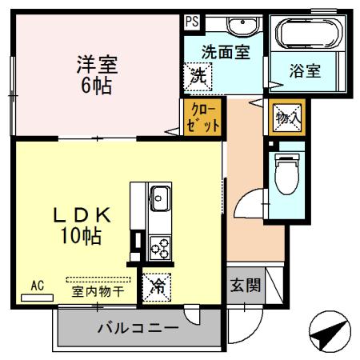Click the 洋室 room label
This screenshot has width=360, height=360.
click(98, 62)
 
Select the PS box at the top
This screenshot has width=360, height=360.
click(191, 22)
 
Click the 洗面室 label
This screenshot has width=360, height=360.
click(226, 51)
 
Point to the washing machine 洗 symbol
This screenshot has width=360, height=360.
click(198, 78)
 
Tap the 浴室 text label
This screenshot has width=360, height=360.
click(304, 70)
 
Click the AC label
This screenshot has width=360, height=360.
click(37, 284)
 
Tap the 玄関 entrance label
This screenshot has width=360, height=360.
click(246, 286)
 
